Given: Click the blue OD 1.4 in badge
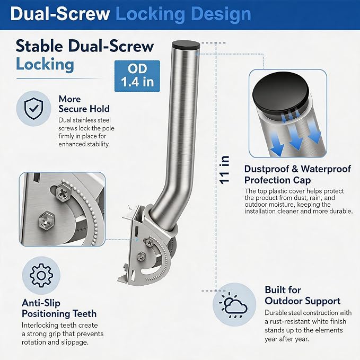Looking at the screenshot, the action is (x=137, y=76).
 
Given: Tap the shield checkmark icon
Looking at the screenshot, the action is (x=33, y=108).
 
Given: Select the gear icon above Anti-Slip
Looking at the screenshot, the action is (x=41, y=275).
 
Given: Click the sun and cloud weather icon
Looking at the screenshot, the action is (x=234, y=305).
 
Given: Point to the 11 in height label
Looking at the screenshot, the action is (x=225, y=170).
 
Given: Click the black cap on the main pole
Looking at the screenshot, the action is (x=186, y=45).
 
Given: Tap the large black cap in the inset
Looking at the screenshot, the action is (x=280, y=92).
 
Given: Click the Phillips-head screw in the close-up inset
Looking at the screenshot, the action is (x=62, y=193).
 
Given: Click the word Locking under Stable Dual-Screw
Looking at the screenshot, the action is (x=45, y=64).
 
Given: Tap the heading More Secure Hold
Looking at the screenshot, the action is (x=84, y=104).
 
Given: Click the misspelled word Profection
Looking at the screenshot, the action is (x=265, y=180).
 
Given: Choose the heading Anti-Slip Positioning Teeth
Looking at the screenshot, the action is (x=59, y=309).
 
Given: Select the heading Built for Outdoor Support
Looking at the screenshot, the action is (x=302, y=295).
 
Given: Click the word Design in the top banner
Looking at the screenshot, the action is (x=221, y=14).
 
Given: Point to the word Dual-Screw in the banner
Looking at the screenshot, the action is (x=60, y=14).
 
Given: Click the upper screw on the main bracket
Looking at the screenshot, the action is (x=149, y=242).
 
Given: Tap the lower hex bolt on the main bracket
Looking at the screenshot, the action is (x=141, y=256).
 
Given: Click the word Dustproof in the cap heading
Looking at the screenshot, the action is (x=266, y=169).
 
